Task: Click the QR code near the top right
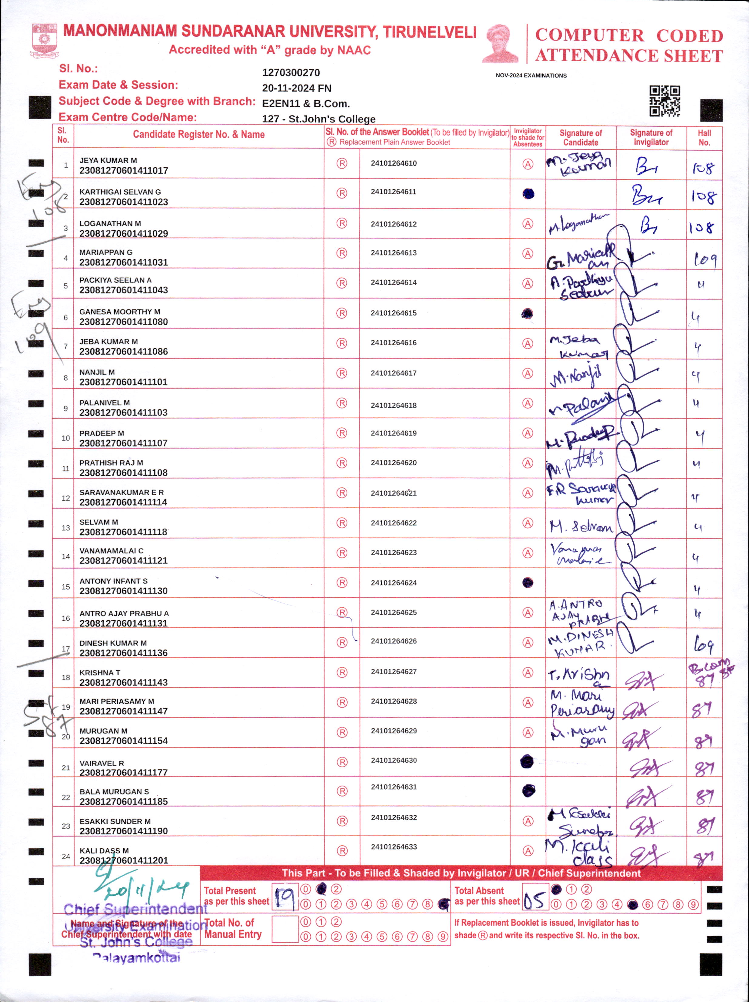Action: point(664,101)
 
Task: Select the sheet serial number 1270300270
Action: point(291,72)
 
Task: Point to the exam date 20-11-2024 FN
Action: point(297,88)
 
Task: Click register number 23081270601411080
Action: point(123,322)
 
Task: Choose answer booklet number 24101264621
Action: point(394,493)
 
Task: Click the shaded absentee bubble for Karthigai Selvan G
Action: point(528,194)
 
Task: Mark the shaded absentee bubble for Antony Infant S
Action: point(528,583)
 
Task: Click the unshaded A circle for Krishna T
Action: point(528,673)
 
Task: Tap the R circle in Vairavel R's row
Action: point(342,762)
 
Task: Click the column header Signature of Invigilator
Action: point(651,137)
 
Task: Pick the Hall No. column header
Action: point(704,137)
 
